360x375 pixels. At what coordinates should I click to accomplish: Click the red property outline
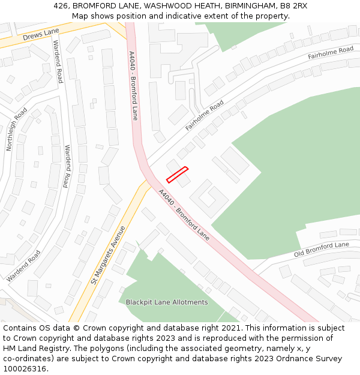pyautogui.click(x=177, y=174)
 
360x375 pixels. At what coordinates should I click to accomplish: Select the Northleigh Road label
pyautogui.click(x=17, y=129)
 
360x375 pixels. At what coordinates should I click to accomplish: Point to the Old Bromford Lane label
pyautogui.click(x=321, y=249)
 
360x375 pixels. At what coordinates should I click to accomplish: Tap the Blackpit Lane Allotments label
pyautogui.click(x=167, y=302)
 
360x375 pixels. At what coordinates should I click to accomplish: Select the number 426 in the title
pyautogui.click(x=61, y=5)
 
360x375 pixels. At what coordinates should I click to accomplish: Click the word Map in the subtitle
pyautogui.click(x=81, y=16)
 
